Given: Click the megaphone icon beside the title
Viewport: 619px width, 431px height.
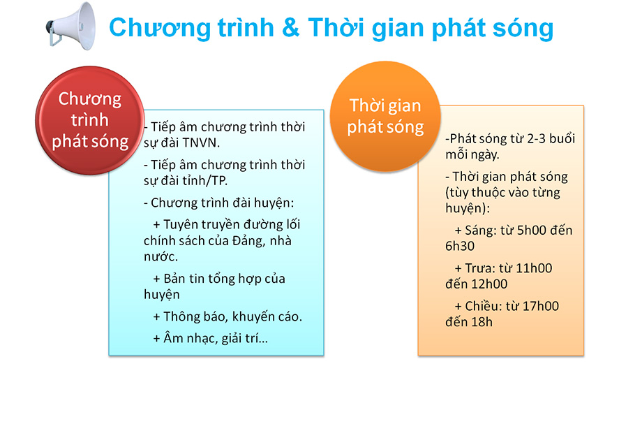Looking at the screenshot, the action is point(71,26).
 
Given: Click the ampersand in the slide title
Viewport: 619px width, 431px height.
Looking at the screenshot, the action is point(290,28).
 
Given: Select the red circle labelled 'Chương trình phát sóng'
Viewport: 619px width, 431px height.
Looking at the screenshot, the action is point(89,120).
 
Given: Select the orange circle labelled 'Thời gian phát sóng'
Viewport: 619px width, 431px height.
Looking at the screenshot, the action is point(385,116).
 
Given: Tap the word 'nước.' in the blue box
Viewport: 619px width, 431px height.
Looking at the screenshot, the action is point(161,257).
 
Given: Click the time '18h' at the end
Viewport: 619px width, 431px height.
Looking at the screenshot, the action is point(482,322).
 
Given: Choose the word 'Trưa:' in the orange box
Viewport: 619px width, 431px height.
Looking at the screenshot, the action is point(480,268).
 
